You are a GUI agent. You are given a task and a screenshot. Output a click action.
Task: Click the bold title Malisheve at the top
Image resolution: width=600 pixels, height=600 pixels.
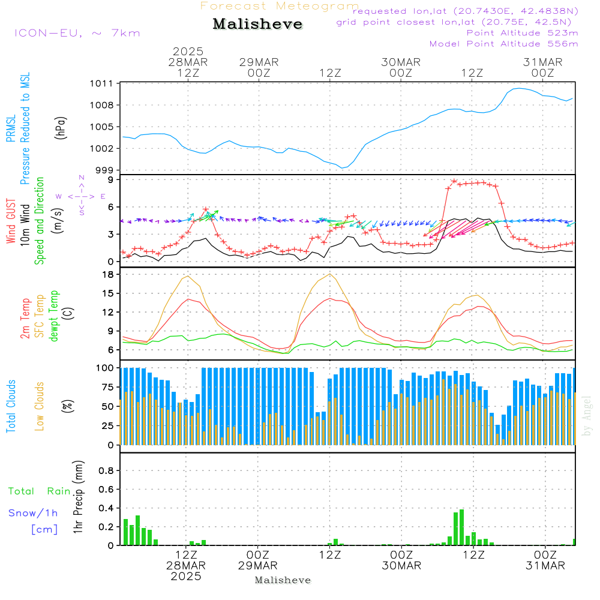(x=257, y=25)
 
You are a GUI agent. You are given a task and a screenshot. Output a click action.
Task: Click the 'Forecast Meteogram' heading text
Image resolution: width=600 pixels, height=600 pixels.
(x=280, y=6)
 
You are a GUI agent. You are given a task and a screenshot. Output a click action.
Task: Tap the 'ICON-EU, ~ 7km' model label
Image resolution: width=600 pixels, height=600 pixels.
(x=77, y=33)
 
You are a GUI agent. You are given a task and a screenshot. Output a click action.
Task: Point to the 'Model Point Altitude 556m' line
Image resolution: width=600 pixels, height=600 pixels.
(x=503, y=44)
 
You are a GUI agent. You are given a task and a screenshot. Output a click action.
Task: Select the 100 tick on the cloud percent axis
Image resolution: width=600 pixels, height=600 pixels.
(x=106, y=367)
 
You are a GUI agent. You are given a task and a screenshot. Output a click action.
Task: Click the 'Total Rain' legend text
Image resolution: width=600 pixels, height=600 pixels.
(x=39, y=491)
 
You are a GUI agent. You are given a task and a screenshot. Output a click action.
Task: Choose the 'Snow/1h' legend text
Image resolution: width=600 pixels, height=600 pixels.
(x=33, y=513)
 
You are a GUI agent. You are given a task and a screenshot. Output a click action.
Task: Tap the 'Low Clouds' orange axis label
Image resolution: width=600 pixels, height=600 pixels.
(x=40, y=406)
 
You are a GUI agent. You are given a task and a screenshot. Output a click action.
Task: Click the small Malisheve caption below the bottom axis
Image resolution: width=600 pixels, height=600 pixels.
(x=283, y=580)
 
